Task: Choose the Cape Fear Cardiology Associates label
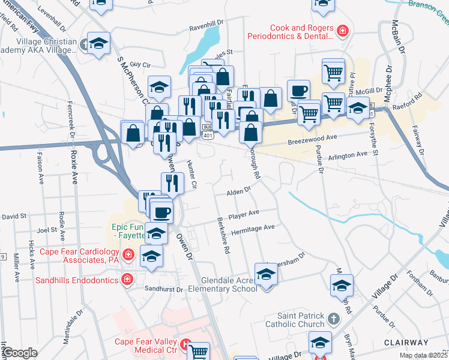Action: tap(80, 256)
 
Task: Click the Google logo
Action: tap(20, 353)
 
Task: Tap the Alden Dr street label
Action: tap(238, 193)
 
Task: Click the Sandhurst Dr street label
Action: tap(163, 289)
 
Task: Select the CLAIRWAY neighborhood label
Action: tap(408, 342)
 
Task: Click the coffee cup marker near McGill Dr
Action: tap(298, 91)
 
